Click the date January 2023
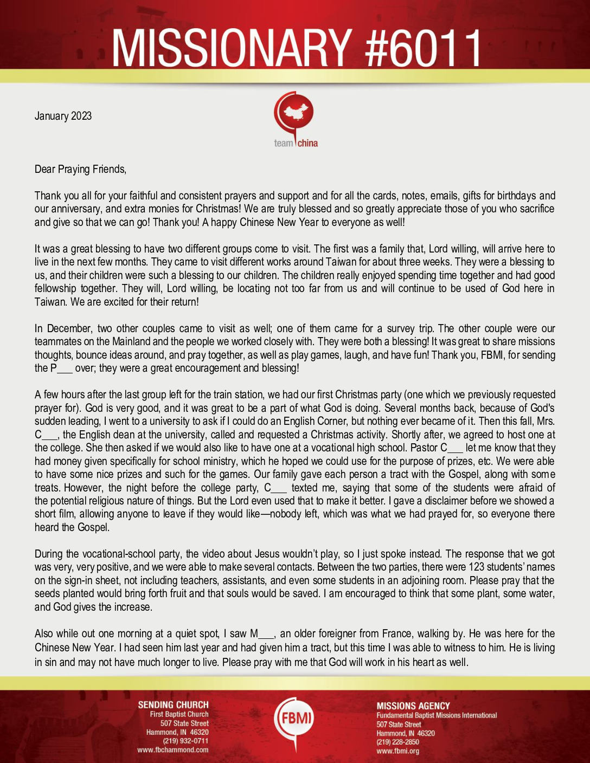click(x=63, y=116)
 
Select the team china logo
click(x=296, y=120)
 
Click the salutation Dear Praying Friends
click(x=80, y=169)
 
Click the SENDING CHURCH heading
click(x=173, y=705)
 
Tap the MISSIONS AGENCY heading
click(x=413, y=706)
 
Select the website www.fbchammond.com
click(x=173, y=750)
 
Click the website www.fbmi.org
click(x=398, y=751)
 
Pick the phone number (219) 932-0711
click(x=185, y=741)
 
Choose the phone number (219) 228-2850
click(x=398, y=742)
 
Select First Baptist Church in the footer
click(x=179, y=715)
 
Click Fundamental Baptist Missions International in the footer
click(x=437, y=715)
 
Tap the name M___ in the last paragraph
click(x=262, y=633)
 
